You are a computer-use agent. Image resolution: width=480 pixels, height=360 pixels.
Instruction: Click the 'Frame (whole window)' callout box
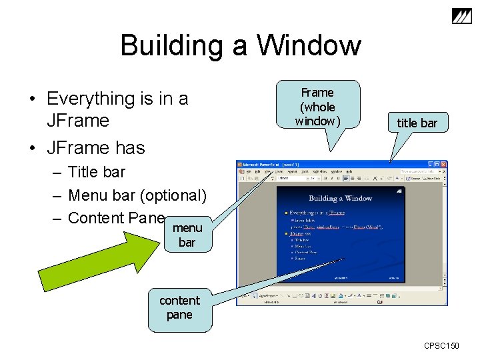[317, 107]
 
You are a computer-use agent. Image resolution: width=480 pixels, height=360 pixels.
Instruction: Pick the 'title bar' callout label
[417, 123]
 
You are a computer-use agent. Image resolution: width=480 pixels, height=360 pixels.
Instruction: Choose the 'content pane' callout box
[179, 308]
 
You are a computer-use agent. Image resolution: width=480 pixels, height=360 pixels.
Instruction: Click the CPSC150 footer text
[441, 346]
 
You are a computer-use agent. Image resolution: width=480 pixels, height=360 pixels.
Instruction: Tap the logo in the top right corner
[461, 18]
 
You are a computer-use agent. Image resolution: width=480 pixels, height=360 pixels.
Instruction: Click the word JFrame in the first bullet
[78, 121]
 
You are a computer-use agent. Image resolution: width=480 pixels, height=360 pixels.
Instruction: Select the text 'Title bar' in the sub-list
[97, 172]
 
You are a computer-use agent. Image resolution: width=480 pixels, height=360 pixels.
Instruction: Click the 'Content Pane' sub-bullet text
[117, 218]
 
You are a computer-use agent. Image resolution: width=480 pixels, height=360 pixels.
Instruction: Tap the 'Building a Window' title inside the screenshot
[340, 198]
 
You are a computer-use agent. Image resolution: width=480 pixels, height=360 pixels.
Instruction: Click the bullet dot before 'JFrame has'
[31, 147]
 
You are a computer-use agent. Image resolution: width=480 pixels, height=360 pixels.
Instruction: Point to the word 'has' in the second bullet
[129, 147]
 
